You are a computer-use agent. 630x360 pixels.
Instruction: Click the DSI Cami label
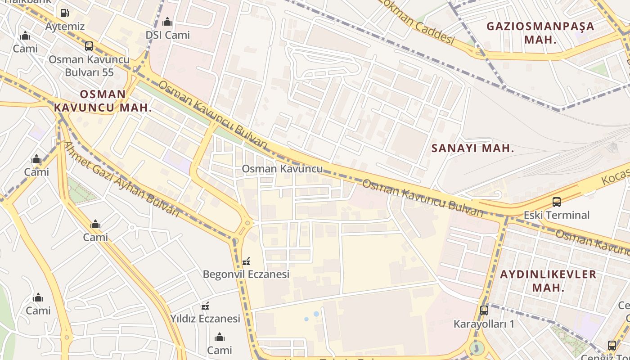click(167, 35)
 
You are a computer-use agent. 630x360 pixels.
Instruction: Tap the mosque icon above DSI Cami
click(167, 22)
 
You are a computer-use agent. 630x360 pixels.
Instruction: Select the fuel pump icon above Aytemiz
click(65, 13)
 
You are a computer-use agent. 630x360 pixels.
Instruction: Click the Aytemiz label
click(65, 27)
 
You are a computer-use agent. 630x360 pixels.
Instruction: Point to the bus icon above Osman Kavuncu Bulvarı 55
click(89, 46)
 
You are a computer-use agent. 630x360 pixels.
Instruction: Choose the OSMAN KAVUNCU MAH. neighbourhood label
click(103, 101)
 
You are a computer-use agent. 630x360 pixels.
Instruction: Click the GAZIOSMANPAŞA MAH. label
click(540, 32)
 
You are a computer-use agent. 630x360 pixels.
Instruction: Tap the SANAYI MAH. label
click(472, 148)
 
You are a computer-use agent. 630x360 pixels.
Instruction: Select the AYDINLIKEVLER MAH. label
click(548, 280)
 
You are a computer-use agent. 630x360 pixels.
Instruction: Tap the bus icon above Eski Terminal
click(557, 202)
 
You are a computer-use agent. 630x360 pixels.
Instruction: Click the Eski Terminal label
click(557, 215)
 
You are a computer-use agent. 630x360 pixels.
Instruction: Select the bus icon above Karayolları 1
click(484, 310)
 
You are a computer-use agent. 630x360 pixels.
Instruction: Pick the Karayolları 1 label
click(484, 324)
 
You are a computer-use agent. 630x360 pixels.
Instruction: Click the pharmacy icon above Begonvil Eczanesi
click(246, 261)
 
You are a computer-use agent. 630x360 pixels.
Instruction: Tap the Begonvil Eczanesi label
click(246, 274)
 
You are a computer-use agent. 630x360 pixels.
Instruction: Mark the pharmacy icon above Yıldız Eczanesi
click(205, 306)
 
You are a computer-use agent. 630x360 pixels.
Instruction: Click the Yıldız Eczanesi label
click(205, 319)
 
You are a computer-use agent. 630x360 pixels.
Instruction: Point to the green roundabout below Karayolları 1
click(477, 348)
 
